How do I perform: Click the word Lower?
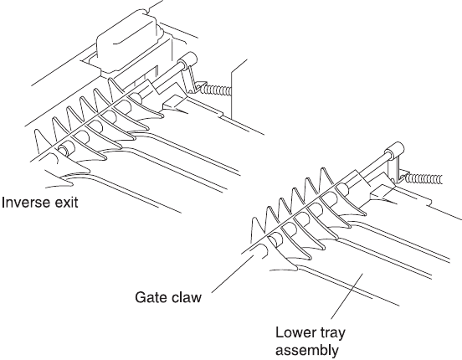[295, 332]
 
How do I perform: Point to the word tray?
[332, 333]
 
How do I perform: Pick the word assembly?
[307, 351]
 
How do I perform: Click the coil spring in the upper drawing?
[215, 90]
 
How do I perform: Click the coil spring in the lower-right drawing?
[423, 178]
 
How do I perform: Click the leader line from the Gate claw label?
[232, 275]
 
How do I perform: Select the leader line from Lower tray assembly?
[346, 296]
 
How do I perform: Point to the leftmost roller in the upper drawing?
[64, 150]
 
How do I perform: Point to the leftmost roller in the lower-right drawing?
[275, 239]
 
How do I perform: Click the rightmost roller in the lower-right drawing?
[341, 188]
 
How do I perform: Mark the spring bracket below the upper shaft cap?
[190, 80]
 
